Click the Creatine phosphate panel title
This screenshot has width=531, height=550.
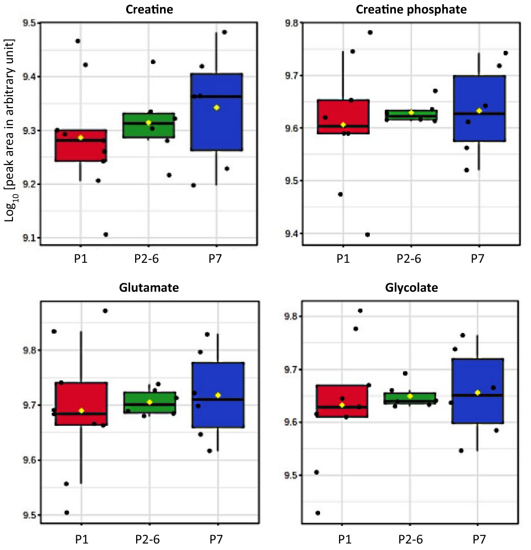click(x=411, y=9)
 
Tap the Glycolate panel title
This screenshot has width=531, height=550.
click(x=411, y=288)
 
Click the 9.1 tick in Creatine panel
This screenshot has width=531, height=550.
click(x=29, y=238)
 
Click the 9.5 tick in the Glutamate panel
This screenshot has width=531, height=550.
click(x=29, y=515)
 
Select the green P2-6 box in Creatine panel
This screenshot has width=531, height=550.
click(x=149, y=130)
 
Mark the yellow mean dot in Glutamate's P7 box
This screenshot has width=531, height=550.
click(x=218, y=395)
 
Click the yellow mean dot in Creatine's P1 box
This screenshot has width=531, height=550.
click(x=81, y=137)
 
